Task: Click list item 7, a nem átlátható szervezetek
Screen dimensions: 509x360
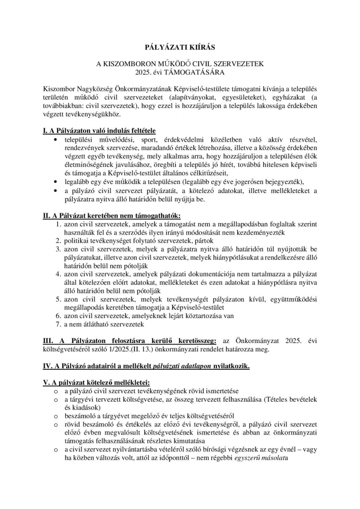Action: pyautogui.click(x=103, y=324)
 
